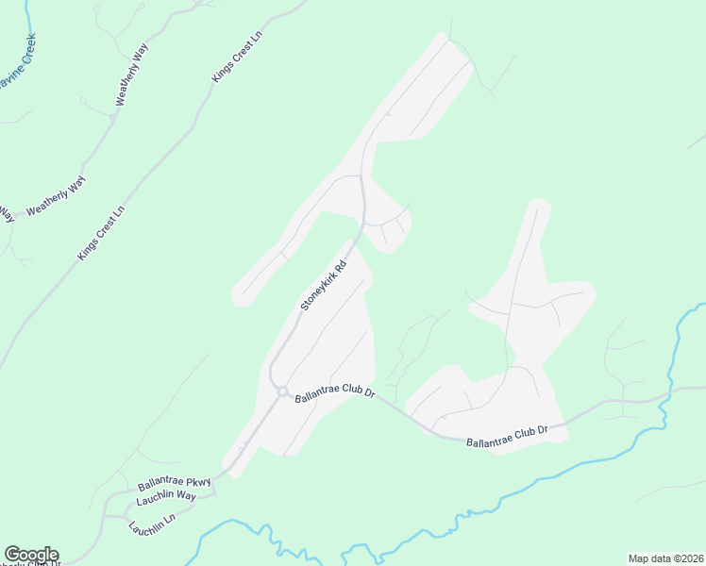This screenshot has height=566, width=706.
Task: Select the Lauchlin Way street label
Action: tap(165, 496)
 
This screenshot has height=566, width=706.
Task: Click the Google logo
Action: tap(31, 555)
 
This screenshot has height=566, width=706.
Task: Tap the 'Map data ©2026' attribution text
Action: tap(665, 558)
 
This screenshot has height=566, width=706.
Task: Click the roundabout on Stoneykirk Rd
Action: tap(282, 391)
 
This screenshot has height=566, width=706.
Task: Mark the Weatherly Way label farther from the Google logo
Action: tap(132, 75)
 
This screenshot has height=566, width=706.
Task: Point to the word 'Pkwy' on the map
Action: tap(195, 481)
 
